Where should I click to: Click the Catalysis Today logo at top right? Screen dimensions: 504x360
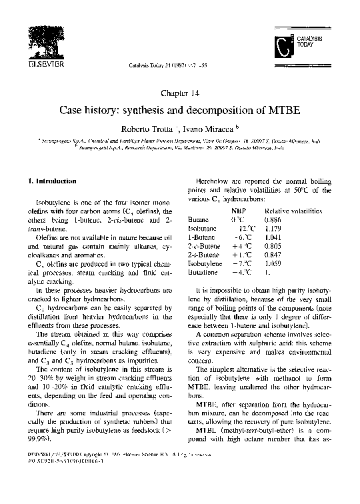[x=299, y=46]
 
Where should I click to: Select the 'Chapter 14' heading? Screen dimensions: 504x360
[x=179, y=93]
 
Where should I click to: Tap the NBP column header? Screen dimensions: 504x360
[x=237, y=210]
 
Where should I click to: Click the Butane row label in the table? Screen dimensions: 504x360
[x=198, y=219]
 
